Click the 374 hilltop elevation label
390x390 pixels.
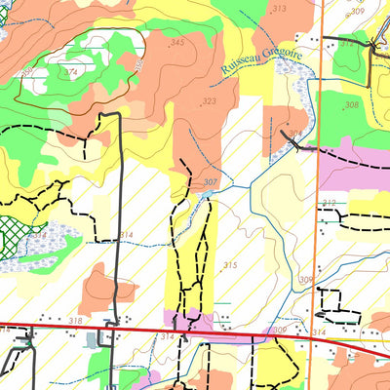(x=70, y=72)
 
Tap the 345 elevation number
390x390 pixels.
(x=176, y=43)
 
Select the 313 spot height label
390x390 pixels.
(x=280, y=9)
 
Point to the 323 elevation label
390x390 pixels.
(x=209, y=101)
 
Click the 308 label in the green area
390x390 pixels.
(x=351, y=104)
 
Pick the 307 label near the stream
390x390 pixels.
(x=211, y=182)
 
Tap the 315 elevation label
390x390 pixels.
(x=230, y=265)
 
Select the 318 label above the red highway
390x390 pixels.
(x=75, y=320)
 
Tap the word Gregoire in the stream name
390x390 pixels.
(x=280, y=60)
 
